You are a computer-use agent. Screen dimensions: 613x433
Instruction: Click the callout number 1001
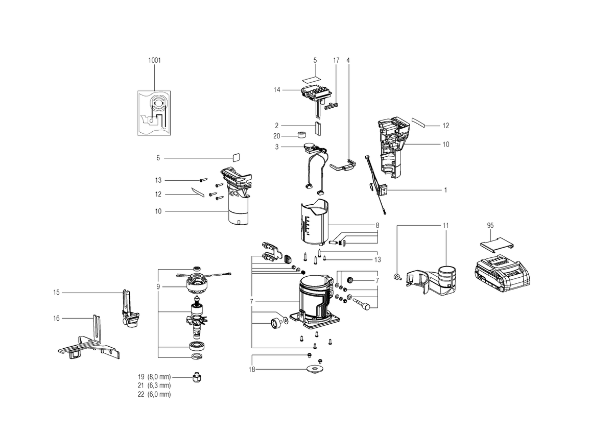coord(154,60)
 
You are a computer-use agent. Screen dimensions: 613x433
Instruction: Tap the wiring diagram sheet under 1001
coord(154,113)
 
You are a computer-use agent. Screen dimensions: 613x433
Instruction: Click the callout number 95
coord(490,226)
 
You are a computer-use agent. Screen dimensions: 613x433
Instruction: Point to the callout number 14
coord(277,90)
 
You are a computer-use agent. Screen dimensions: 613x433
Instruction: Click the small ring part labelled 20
coord(301,135)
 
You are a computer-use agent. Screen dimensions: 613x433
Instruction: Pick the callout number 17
coord(336,60)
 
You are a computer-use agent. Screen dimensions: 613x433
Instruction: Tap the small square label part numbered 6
coord(236,157)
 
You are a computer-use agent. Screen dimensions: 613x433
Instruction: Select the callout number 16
coord(56,319)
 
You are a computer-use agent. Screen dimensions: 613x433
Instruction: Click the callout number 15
coord(56,293)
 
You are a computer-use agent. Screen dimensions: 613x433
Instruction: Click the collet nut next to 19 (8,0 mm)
coord(197,377)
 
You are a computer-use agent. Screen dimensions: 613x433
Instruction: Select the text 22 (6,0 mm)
coord(154,394)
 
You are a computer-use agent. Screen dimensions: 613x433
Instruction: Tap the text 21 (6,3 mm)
coord(154,386)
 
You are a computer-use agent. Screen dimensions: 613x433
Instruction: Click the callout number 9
coord(158,287)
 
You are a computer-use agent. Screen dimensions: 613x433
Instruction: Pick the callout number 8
coord(378,226)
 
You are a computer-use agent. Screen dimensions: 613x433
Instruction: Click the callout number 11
coord(446,226)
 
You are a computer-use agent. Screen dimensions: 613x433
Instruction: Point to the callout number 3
coord(277,147)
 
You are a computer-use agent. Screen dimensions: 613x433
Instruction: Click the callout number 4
coord(348,60)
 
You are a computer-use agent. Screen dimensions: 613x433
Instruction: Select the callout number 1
coord(446,190)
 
